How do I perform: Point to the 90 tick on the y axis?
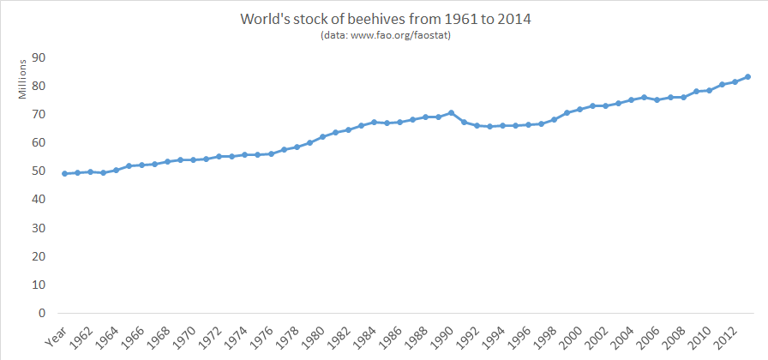point(38,57)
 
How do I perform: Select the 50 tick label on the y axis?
point(38,171)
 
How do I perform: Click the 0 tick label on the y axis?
point(41,313)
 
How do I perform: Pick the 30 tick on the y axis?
point(38,228)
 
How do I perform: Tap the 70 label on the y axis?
point(38,114)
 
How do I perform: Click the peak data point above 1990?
point(451,113)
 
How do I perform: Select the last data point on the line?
point(748,76)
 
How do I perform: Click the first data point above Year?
point(64,173)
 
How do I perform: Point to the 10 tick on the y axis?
point(38,285)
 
